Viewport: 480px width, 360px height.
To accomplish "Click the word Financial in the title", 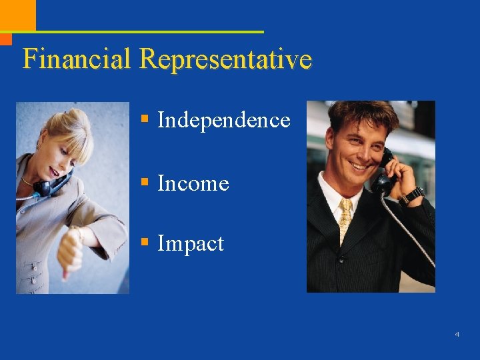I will [77, 59].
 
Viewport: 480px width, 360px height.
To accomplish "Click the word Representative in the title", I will [225, 59].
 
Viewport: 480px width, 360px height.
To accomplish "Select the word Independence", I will [223, 120].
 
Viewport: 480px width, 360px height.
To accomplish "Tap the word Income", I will [193, 183].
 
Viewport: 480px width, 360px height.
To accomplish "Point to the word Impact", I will [191, 243].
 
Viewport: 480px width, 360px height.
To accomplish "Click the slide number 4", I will [457, 334].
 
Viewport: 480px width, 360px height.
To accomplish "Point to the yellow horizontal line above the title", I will [147, 31].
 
